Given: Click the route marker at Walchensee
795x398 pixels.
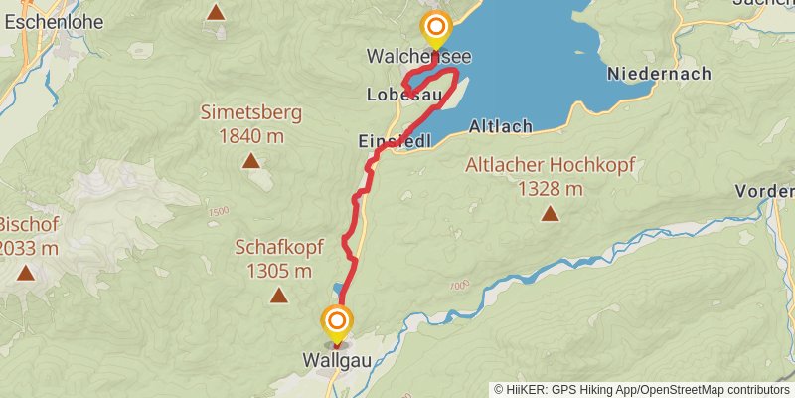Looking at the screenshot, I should tap(435, 28).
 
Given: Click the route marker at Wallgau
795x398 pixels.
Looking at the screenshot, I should tap(337, 322).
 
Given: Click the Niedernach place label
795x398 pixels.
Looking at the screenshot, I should tap(659, 74).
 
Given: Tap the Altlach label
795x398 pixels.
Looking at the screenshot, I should tap(500, 126).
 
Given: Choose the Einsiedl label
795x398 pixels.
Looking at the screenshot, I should tap(395, 142).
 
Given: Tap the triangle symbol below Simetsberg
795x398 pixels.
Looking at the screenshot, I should tap(251, 160).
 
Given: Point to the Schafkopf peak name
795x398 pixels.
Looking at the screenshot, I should tap(274, 247).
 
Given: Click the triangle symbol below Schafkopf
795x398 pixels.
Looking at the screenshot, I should tap(279, 295).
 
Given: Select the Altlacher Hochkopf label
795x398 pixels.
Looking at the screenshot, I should tap(549, 165).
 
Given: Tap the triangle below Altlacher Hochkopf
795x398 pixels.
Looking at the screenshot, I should tap(550, 212).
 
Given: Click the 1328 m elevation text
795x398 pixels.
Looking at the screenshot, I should tap(550, 188).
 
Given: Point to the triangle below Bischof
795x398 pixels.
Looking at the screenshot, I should tap(25, 272).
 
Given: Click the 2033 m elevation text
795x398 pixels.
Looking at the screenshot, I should tap(28, 247).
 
